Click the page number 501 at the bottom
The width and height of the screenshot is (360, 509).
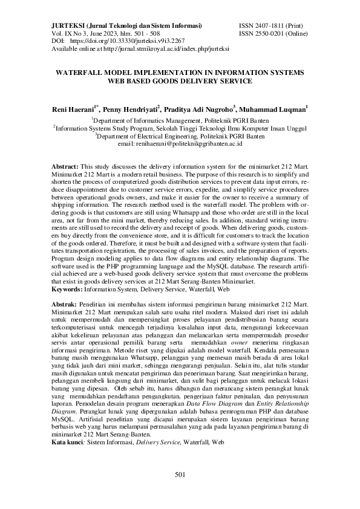pos(180,475)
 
